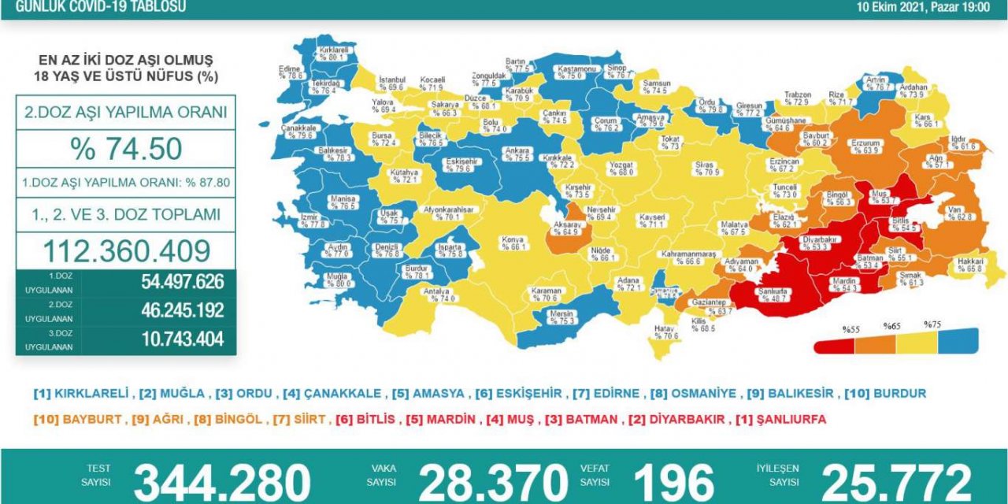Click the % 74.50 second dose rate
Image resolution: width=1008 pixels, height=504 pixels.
click(x=126, y=149)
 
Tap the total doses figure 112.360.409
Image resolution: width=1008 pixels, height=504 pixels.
click(x=126, y=251)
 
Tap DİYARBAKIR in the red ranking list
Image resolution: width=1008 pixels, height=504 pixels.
click(x=684, y=420)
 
